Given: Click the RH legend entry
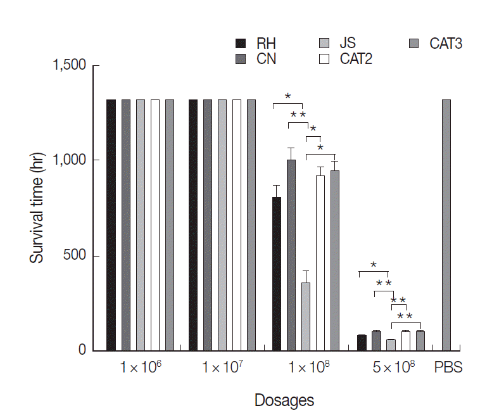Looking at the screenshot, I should coord(257,44).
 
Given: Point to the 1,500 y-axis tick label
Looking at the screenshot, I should coord(70,66).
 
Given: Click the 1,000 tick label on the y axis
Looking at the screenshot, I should coord(70,161).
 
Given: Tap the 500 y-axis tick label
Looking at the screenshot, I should coord(75,256).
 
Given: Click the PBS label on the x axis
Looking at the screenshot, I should coord(448,367).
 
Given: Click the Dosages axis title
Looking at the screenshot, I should coord(284,400).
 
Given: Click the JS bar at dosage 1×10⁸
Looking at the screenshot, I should coord(306,317).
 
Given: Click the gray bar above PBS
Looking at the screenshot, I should coord(446,225).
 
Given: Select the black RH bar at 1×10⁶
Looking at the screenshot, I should coord(111,225).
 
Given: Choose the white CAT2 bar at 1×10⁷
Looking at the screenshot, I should coord(237,225).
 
